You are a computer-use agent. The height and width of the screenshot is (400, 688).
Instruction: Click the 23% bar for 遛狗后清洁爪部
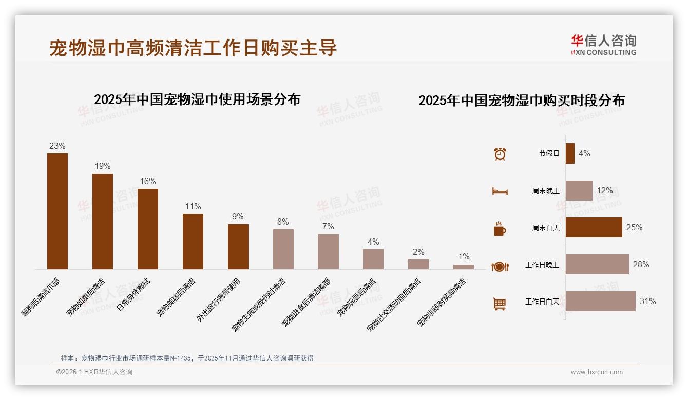point(58,211)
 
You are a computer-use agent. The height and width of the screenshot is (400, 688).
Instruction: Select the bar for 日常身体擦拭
point(148,229)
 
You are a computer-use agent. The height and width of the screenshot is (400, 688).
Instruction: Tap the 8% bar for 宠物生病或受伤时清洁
point(283,249)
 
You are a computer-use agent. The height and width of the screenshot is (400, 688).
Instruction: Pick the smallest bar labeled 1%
point(464,267)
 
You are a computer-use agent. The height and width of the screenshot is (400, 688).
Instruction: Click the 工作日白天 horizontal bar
point(601,302)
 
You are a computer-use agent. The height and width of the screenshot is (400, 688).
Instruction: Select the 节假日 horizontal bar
point(570,153)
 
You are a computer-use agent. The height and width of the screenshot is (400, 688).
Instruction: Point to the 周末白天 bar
point(594,228)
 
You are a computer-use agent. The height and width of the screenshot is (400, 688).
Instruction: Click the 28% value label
point(641,265)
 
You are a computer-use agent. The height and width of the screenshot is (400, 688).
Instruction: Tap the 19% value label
point(103,166)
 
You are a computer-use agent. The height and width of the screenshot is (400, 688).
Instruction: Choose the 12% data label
point(604,191)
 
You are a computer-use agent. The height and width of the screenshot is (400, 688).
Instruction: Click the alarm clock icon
point(500,154)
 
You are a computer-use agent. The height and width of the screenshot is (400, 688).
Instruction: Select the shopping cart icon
point(500,304)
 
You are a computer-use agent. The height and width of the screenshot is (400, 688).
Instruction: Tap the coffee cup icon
point(500,229)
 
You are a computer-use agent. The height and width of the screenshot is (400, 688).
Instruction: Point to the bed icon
point(500,191)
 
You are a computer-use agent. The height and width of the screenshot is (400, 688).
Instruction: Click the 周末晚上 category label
point(545,191)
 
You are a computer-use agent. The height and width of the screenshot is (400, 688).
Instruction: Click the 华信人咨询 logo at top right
point(603,45)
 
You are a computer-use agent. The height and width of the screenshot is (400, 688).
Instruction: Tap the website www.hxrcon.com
point(597,372)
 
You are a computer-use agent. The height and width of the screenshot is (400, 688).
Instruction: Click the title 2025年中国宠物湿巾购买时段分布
point(521,101)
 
